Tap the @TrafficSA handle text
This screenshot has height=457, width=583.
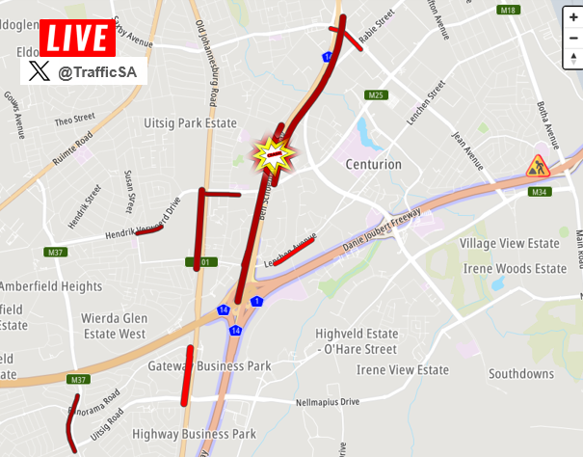click(x=97, y=70)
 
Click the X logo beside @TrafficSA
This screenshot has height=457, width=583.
click(x=39, y=70)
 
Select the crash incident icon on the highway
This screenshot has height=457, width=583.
click(x=274, y=154)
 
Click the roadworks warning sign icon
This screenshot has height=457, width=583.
click(x=537, y=167)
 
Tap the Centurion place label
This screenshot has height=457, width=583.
click(x=374, y=165)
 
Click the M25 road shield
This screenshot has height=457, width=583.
click(x=376, y=94)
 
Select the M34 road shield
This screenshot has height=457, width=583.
click(x=541, y=192)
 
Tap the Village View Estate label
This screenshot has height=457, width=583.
click(x=510, y=245)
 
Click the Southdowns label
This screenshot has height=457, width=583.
click(x=520, y=373)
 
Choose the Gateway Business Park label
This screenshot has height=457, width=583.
click(x=209, y=366)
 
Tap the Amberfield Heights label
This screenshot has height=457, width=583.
click(x=50, y=286)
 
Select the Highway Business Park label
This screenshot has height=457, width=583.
click(x=194, y=434)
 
